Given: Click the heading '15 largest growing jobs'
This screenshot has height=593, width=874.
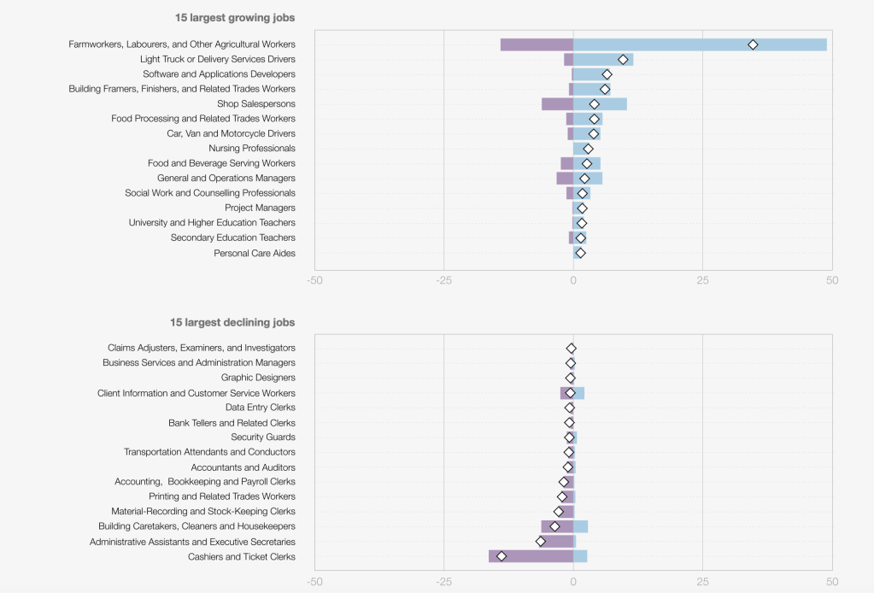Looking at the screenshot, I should click(235, 17).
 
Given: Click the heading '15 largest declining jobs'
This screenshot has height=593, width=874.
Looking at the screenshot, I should click(232, 322).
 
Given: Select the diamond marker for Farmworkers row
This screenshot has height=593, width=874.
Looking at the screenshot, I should click(753, 44).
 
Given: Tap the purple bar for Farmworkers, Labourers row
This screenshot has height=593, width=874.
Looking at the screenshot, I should click(537, 44).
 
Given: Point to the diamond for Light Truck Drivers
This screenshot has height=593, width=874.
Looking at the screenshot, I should click(623, 59).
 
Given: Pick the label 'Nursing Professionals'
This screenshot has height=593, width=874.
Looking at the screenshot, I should click(252, 149).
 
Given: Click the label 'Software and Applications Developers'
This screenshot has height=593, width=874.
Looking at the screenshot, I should click(219, 74).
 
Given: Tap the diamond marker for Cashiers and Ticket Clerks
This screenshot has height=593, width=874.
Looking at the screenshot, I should click(502, 556).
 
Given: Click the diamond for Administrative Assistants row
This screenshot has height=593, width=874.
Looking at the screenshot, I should click(540, 542).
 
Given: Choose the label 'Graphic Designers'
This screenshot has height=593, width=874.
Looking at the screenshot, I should click(258, 378).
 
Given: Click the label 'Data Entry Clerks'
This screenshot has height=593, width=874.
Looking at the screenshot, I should click(261, 408).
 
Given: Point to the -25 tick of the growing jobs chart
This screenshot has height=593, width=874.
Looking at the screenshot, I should click(443, 280).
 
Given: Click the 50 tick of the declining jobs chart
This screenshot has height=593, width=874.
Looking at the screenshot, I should click(832, 581).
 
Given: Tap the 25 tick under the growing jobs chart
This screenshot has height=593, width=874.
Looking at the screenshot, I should click(702, 280).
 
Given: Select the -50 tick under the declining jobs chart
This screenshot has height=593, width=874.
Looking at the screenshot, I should click(314, 581).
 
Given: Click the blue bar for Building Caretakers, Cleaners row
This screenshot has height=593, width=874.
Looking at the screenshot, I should click(581, 526).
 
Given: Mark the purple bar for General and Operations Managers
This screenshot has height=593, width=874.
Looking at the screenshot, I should click(565, 179).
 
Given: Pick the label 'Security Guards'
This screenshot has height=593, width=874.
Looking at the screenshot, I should click(263, 437).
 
